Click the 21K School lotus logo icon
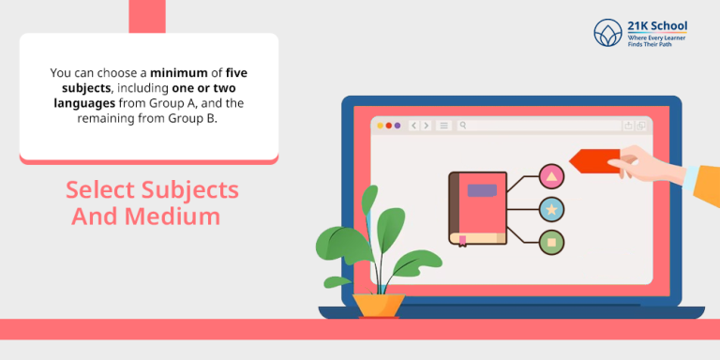coord(607,34)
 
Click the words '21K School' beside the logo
coord(655,25)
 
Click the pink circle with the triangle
coord(551,175)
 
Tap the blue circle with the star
coord(551,208)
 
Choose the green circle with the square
coord(551,242)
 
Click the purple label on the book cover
coord(482,190)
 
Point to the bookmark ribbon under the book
coord(462,241)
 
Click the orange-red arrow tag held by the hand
coord(593,161)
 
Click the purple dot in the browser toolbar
coord(397,125)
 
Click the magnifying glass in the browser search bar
coord(463,125)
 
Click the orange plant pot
coord(379,305)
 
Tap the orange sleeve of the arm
coord(705,184)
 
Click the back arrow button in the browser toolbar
coord(412,125)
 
